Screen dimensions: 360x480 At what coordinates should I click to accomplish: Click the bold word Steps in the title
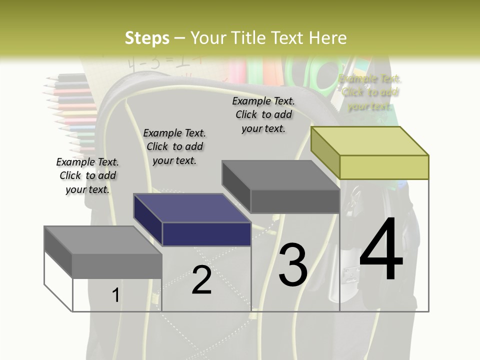pyautogui.click(x=147, y=38)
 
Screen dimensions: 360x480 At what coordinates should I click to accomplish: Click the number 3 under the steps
pyautogui.click(x=293, y=265)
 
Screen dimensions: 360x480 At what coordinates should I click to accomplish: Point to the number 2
pyautogui.click(x=201, y=280)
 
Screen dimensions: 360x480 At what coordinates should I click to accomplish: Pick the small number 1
pyautogui.click(x=115, y=295)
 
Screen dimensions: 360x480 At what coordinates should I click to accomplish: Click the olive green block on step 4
pyautogui.click(x=370, y=152)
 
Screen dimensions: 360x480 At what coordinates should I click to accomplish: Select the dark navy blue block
pyautogui.click(x=192, y=220)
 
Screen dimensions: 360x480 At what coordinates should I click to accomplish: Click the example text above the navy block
pyautogui.click(x=174, y=146)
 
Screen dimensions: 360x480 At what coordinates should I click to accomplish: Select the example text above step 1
pyautogui.click(x=87, y=175)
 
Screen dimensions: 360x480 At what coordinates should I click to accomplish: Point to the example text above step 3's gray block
pyautogui.click(x=263, y=114)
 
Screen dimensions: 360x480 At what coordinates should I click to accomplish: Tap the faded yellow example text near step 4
pyautogui.click(x=369, y=92)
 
